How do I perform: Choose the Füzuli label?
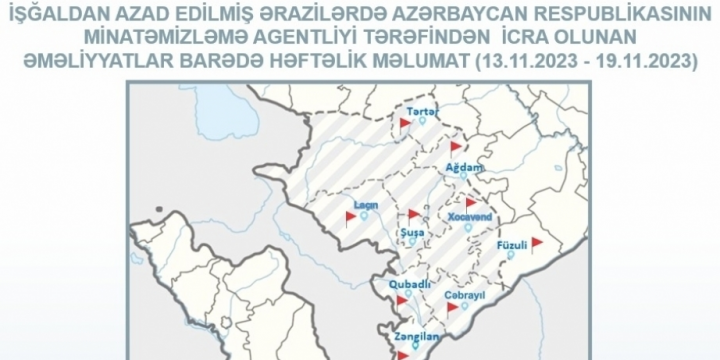point(511,245)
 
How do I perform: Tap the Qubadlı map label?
point(410,283)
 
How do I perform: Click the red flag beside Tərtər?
point(405,122)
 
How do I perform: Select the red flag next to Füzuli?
point(536,242)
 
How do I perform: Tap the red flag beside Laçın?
point(351,215)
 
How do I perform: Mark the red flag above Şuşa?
point(413,214)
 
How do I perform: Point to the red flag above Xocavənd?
point(470,202)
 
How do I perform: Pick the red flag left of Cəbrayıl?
point(452,308)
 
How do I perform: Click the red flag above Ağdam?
point(456,146)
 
